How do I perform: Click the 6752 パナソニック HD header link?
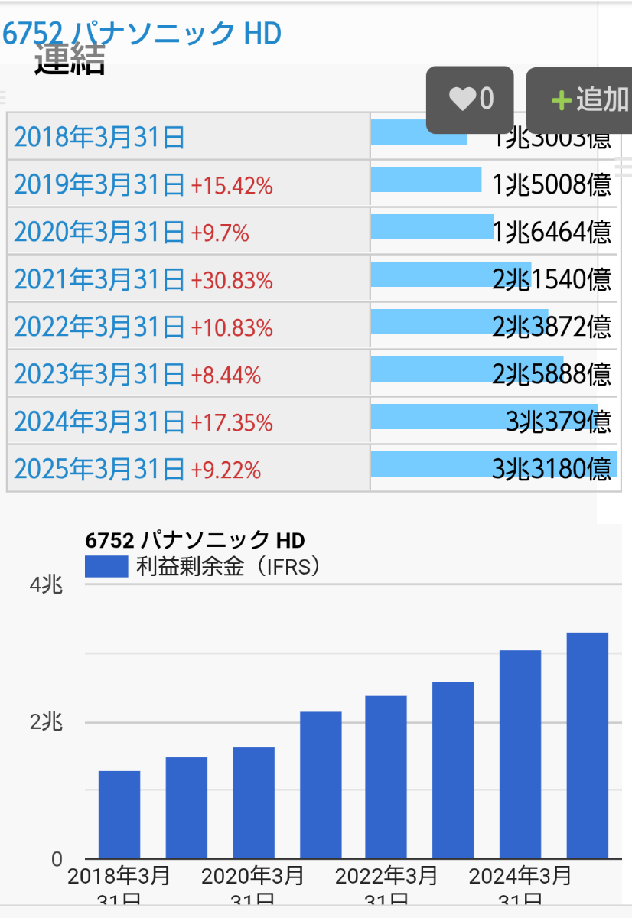pos(142,33)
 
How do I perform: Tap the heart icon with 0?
pos(470,99)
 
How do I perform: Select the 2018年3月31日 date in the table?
pos(99,138)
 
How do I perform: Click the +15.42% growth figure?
pos(232,185)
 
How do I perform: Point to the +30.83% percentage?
pos(232,281)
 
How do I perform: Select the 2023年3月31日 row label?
pos(99,375)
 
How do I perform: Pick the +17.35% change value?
pos(232,422)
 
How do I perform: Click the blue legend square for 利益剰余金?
pos(106,567)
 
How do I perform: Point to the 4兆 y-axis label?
pos(46,585)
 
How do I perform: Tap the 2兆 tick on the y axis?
pos(46,722)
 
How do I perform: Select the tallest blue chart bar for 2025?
pos(587,746)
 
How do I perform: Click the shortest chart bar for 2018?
pos(119,815)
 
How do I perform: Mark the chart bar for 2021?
pos(321,785)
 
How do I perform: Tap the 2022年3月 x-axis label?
pos(386,875)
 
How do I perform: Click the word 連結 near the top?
pos(70,61)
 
